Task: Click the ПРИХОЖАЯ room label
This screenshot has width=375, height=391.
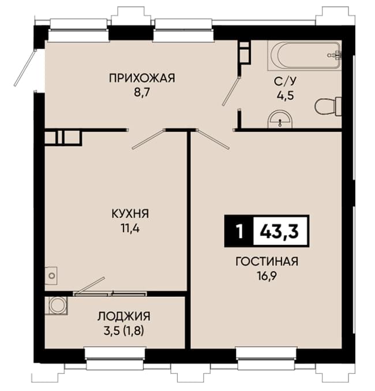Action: click(x=142, y=79)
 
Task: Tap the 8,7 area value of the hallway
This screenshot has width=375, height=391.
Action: click(x=141, y=92)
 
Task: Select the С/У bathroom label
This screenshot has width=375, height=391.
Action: click(x=286, y=81)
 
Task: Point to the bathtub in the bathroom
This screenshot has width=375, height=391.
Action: click(x=304, y=55)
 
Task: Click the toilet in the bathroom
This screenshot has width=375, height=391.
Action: click(x=328, y=106)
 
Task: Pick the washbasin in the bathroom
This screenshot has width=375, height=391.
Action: click(x=280, y=119)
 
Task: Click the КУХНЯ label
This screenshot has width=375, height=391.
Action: click(x=130, y=214)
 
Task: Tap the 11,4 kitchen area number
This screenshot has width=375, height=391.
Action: click(x=130, y=228)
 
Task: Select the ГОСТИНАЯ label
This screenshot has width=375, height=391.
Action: click(x=267, y=262)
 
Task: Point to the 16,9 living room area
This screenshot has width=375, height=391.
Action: click(x=267, y=276)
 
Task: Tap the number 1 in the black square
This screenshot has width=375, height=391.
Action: click(x=239, y=231)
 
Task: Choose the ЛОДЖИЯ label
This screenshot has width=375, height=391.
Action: click(x=124, y=316)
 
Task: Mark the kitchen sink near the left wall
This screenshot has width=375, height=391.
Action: click(x=51, y=276)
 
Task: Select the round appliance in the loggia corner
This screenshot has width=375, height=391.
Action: click(x=57, y=306)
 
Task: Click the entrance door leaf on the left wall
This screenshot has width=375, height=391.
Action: click(x=24, y=68)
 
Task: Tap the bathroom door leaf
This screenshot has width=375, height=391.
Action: click(x=231, y=91)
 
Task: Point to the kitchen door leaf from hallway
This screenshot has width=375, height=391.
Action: click(x=148, y=139)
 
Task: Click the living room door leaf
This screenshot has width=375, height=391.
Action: click(x=213, y=139)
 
